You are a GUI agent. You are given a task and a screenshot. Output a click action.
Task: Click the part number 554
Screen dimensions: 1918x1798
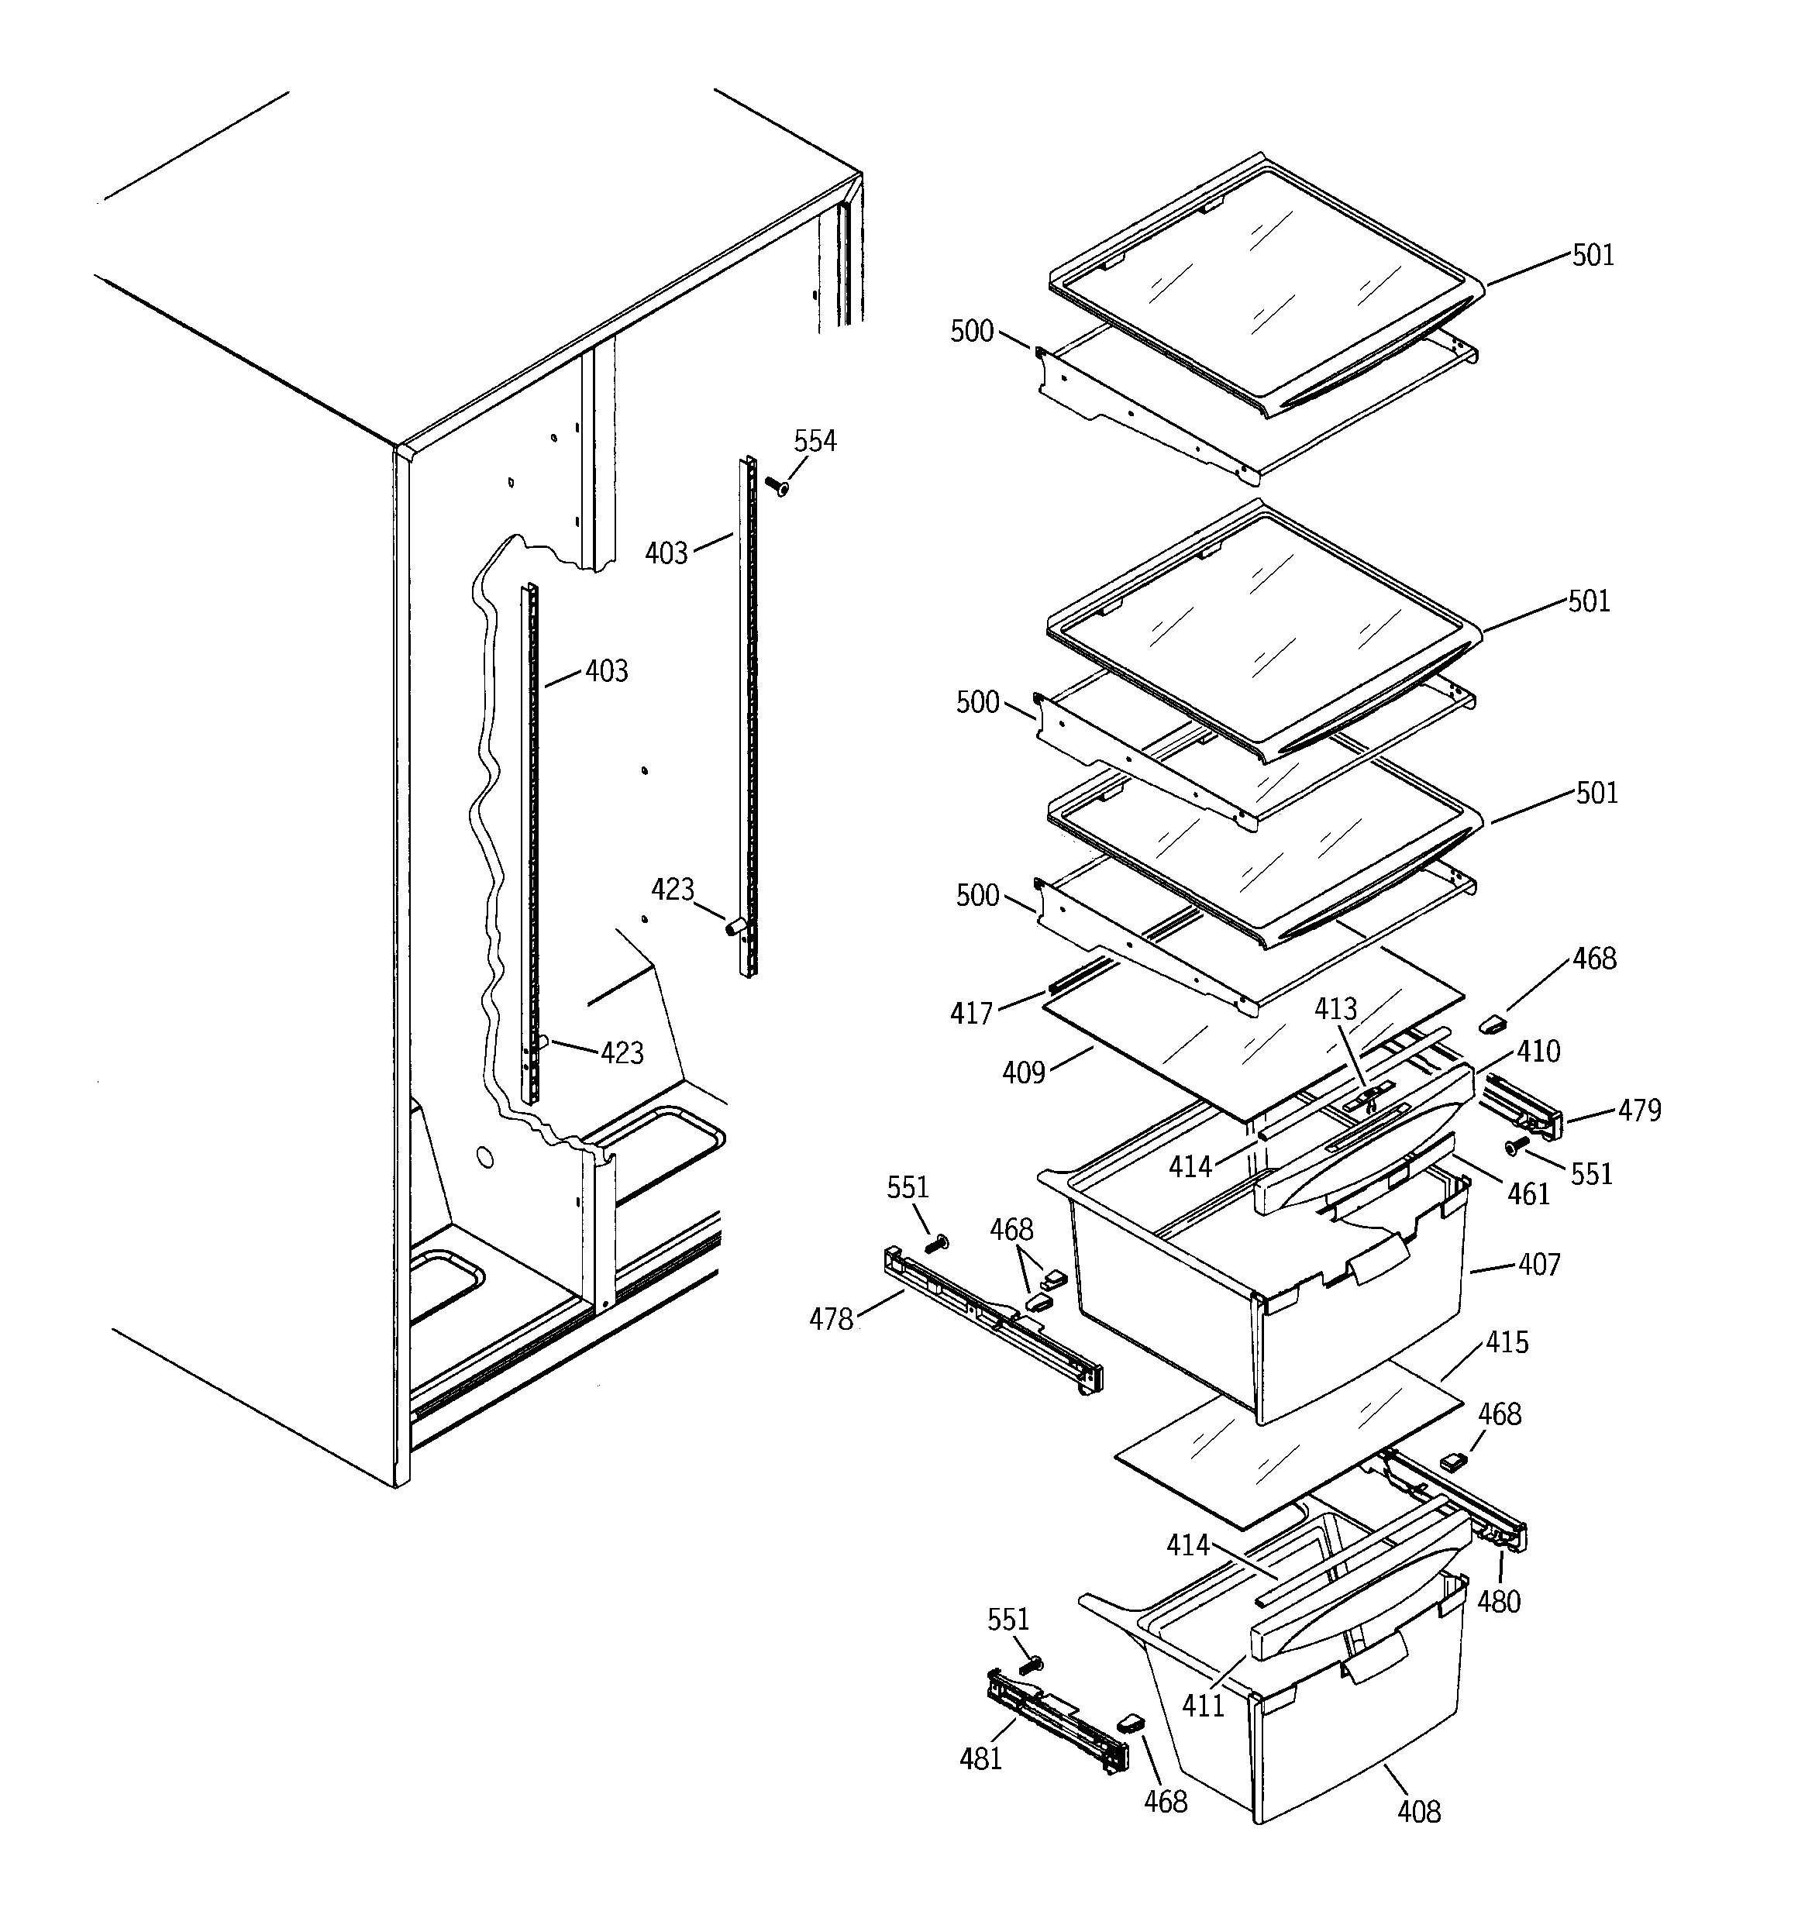pos(815,441)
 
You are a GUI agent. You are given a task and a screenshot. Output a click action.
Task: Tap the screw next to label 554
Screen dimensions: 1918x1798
pos(776,485)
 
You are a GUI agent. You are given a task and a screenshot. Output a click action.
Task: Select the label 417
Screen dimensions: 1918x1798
pos(971,1013)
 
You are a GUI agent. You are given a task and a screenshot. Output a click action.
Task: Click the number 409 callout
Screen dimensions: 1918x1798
pos(1023,1072)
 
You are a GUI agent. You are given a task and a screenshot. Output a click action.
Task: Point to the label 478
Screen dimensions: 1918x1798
pos(831,1319)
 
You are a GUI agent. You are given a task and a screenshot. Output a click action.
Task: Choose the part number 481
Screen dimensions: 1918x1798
pos(980,1759)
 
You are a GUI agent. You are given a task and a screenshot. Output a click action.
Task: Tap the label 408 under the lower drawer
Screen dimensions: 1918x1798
pos(1419,1812)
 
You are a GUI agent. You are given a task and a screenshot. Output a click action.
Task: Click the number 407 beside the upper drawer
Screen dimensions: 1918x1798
pos(1538,1264)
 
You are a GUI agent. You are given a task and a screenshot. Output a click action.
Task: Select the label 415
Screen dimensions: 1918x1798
pos(1507,1342)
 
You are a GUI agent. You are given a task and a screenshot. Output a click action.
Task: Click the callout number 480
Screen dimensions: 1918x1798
pos(1499,1603)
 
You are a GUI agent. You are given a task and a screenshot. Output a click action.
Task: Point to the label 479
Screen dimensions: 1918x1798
pos(1640,1111)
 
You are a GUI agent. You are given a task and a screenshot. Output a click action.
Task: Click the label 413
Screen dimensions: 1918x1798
pos(1335,1009)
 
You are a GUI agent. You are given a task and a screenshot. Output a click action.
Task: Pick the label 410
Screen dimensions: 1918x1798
pos(1538,1051)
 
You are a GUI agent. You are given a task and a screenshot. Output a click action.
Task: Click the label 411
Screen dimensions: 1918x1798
pos(1203,1706)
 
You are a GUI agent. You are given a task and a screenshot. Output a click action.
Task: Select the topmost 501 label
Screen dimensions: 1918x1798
pos(1593,255)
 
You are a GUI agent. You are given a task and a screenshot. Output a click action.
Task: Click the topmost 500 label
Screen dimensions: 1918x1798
pos(972,331)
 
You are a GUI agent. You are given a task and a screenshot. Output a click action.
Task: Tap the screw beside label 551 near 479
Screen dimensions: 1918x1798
pos(1515,1146)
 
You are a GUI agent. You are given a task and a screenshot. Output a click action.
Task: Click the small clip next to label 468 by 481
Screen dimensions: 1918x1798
pos(1130,1721)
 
